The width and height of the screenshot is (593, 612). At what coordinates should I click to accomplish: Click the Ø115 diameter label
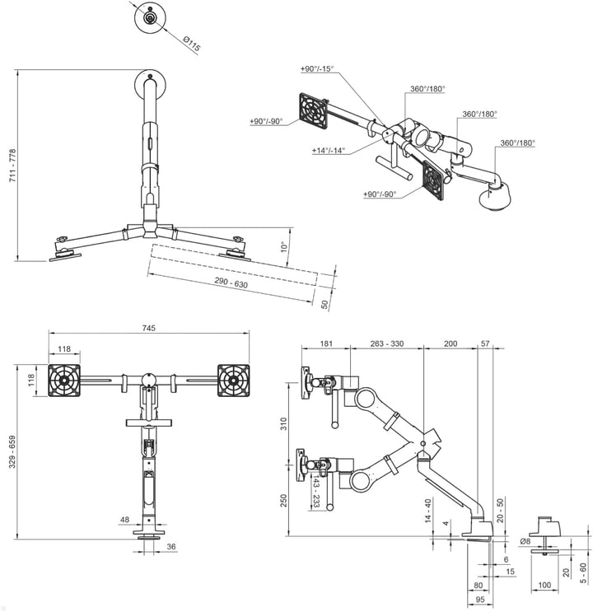(192, 44)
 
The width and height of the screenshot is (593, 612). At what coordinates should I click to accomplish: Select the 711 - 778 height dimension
(12, 165)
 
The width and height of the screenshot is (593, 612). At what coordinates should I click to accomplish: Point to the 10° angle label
(285, 246)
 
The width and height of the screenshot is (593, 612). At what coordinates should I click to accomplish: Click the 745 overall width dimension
(149, 328)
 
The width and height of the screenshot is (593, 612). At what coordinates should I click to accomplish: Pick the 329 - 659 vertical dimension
(12, 451)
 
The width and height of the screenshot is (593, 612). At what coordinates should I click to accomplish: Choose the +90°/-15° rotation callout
(317, 68)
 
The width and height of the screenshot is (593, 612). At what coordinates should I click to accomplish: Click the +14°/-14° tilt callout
(329, 150)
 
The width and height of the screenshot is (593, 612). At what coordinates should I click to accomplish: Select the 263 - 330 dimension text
(386, 343)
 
